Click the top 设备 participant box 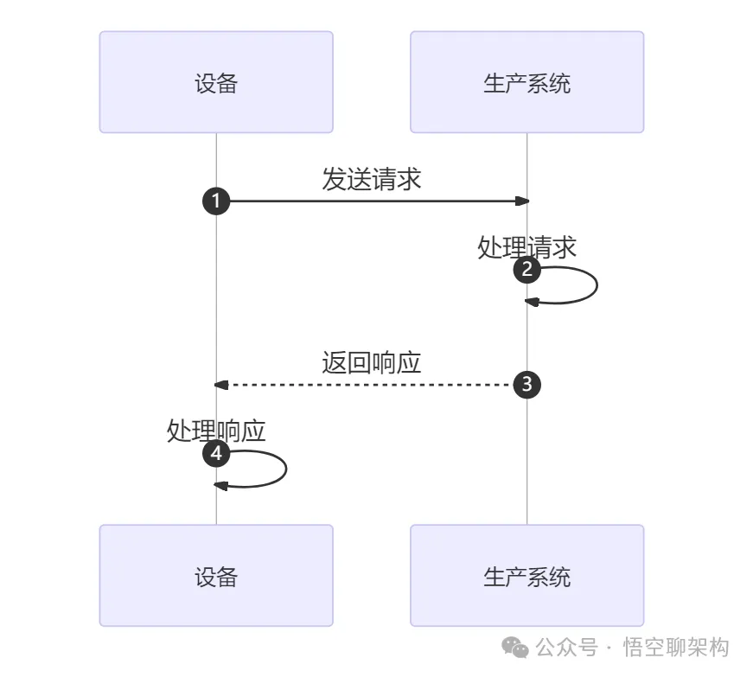[x=216, y=82]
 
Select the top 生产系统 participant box [x=526, y=82]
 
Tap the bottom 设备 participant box [x=216, y=575]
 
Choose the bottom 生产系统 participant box [x=526, y=575]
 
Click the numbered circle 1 [x=216, y=201]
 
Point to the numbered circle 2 [x=527, y=271]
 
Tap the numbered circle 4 [x=216, y=454]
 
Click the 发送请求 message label [x=371, y=179]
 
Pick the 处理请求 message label [x=526, y=247]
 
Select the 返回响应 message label [x=371, y=362]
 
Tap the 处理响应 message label [x=216, y=431]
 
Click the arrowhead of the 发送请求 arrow [x=521, y=201]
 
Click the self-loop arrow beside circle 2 [x=596, y=285]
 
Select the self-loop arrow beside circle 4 [x=284, y=469]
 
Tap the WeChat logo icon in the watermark [x=516, y=648]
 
